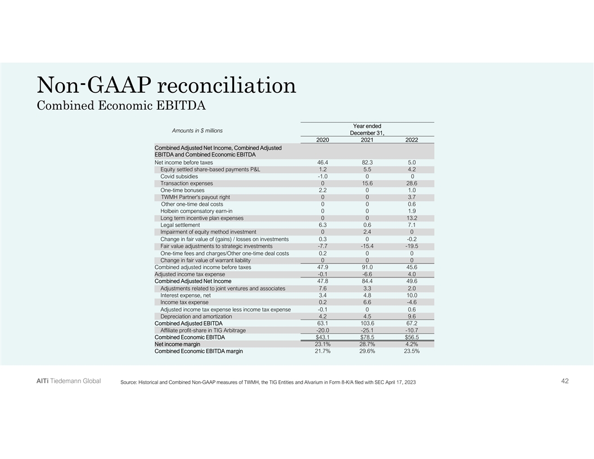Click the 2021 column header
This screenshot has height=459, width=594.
click(x=367, y=140)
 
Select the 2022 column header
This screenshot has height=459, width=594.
click(x=411, y=140)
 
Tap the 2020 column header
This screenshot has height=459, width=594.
click(x=322, y=140)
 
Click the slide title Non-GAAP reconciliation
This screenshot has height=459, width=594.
click(x=166, y=86)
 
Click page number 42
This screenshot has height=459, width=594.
click(x=565, y=381)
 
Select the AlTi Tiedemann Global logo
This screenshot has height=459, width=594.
click(x=65, y=381)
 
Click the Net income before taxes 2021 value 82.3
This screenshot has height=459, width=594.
click(x=367, y=163)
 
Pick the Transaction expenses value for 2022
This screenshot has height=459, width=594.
click(x=411, y=183)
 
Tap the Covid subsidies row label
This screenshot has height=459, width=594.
click(x=179, y=176)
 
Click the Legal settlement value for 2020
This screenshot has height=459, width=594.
click(x=322, y=225)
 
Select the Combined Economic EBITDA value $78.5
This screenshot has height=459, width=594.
click(x=367, y=337)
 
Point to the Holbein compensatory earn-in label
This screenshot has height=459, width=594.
click(x=196, y=211)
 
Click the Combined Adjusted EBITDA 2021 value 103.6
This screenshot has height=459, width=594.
click(x=367, y=323)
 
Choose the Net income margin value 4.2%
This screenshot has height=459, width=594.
click(x=411, y=344)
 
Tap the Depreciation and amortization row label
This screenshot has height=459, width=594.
click(x=196, y=316)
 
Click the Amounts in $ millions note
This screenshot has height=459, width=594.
click(x=197, y=130)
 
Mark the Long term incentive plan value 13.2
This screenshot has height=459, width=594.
click(x=411, y=218)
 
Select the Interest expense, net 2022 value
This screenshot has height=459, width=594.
click(x=411, y=295)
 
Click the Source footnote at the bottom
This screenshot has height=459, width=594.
click(x=268, y=383)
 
